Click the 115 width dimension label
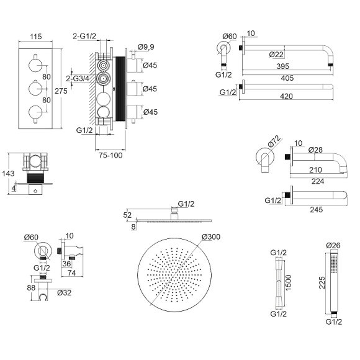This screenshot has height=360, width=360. (x=36, y=37)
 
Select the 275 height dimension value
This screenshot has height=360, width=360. (x=61, y=91)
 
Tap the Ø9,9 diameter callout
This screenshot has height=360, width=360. (x=146, y=47)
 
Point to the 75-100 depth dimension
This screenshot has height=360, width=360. (x=110, y=155)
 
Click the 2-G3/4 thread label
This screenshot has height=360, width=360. (x=78, y=79)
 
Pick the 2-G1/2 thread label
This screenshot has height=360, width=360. (x=84, y=36)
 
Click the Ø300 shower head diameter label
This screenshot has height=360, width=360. (x=211, y=236)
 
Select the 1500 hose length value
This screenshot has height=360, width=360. (x=288, y=282)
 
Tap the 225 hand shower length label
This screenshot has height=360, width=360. (x=322, y=282)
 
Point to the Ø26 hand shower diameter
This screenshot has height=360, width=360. (x=333, y=245)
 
